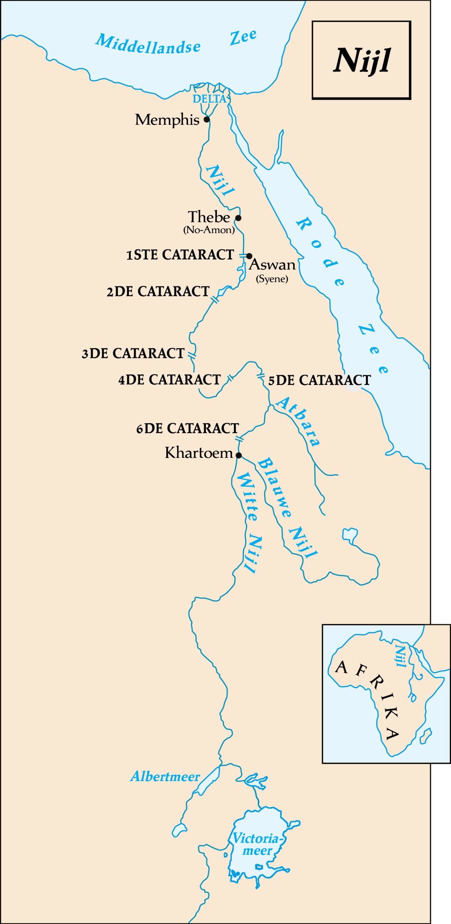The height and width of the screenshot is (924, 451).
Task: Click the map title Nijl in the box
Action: pos(362,61)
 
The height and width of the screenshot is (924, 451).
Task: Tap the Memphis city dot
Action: pos(206,120)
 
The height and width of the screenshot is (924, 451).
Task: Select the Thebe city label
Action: pos(209,217)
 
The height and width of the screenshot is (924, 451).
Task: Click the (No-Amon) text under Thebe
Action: pos(209,230)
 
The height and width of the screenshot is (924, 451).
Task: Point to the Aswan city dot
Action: pos(249,256)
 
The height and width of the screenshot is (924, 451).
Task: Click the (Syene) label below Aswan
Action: pos(272,279)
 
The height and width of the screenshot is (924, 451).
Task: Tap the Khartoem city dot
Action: pos(239,455)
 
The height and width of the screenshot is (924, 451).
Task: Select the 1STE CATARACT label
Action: pos(180,255)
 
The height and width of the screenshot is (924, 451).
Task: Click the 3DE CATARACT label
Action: pos(133,354)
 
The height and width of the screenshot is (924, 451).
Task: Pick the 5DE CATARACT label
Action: pos(319,380)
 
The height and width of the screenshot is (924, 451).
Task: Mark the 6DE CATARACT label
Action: pos(188,429)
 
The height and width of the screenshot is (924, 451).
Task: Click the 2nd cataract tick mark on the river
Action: pos(215,300)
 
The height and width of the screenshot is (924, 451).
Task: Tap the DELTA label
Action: pos(209,99)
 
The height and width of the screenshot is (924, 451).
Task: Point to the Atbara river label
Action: pos(298,421)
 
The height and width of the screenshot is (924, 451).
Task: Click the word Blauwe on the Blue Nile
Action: pos(274,487)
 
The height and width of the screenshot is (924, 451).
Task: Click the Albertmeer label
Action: pos(165,777)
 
